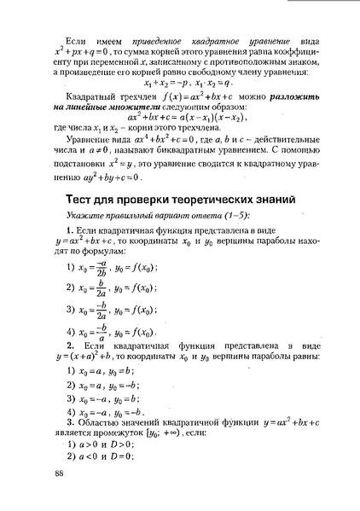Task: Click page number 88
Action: point(58,474)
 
